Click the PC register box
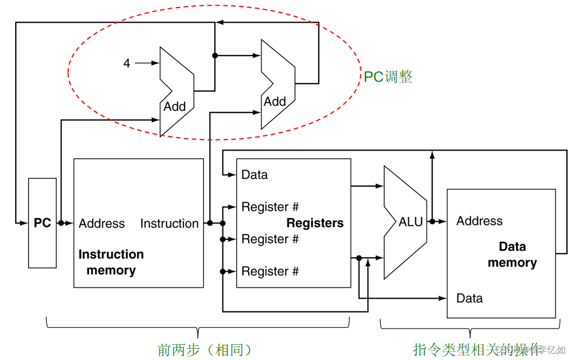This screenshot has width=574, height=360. tap(43, 223)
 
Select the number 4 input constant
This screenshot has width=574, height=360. tap(127, 63)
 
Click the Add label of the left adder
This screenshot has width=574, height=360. tap(175, 106)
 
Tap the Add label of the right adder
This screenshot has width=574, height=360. tap(274, 102)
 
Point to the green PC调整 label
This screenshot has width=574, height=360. tap(388, 77)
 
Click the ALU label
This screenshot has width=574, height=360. tap(411, 222)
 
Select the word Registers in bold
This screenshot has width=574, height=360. tap(315, 223)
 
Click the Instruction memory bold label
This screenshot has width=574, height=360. tap(111, 262)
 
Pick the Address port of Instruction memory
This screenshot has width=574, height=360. tap(102, 223)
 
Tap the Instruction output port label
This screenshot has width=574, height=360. tap(169, 223)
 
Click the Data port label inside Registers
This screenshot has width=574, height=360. tap(255, 174)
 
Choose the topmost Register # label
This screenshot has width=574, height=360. tap(270, 207)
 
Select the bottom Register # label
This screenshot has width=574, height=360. tap(270, 271)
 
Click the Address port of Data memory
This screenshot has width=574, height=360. tap(479, 221)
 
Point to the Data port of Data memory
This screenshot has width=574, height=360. tap(469, 298)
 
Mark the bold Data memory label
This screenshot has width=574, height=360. tap(512, 254)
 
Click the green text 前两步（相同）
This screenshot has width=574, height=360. tap(205, 349)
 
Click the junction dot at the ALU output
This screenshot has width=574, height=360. tap(432, 222)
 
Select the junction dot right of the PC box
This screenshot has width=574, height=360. tap(61, 223)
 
